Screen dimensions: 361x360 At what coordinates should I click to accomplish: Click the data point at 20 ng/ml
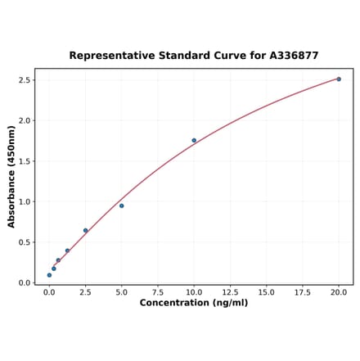339,79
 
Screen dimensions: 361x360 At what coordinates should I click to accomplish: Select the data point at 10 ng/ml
194,140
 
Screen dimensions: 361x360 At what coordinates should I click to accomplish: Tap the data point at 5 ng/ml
121,205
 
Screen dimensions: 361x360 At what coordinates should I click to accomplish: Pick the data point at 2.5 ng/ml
85,231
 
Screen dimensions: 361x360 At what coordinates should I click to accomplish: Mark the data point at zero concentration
49,275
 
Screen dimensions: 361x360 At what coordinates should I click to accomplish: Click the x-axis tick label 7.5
157,291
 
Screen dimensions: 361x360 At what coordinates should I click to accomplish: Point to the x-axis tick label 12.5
230,291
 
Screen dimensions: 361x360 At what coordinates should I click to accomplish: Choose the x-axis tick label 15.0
266,291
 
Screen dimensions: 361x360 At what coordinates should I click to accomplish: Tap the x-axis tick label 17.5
303,291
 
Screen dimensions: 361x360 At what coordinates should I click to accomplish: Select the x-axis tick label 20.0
339,291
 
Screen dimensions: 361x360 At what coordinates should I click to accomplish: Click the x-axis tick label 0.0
49,291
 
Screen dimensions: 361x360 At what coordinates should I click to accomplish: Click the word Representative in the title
109,56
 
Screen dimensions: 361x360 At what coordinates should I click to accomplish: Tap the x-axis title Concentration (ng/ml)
194,303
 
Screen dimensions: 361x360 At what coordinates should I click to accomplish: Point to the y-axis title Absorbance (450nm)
11,176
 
